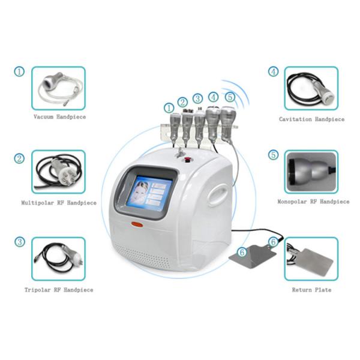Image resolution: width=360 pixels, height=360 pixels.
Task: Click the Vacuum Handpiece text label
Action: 59,117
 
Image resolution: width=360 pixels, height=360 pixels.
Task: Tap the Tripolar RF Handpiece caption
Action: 59,290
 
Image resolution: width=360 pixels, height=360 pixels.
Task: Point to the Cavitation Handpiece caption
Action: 311,119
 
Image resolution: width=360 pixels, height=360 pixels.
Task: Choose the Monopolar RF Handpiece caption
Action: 313,202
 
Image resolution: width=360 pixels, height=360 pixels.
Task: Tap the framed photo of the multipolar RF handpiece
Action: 59,172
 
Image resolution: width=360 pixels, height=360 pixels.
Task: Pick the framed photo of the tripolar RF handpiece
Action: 59,259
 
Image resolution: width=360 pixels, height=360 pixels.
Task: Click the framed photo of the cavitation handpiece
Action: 311,88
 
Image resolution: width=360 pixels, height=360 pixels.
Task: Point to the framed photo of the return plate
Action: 311,259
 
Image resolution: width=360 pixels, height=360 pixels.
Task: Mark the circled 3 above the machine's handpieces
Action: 197,99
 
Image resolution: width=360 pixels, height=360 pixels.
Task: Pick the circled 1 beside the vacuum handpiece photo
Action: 20,71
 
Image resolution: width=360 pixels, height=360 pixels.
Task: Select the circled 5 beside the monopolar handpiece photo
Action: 274,155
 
